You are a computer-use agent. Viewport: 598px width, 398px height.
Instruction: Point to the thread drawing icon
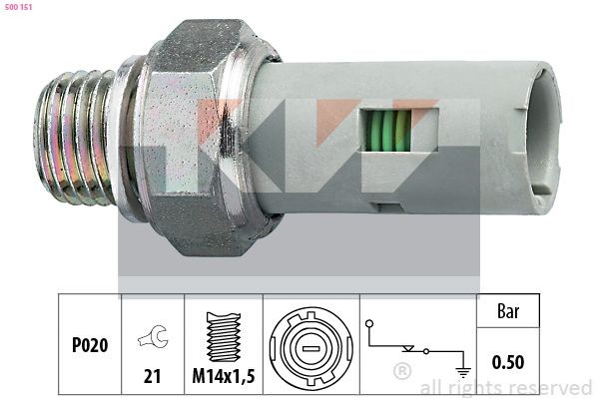[x=223, y=335]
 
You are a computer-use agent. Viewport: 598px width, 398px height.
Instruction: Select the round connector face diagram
[x=309, y=345]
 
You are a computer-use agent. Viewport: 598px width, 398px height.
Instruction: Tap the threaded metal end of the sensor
[x=79, y=138]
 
